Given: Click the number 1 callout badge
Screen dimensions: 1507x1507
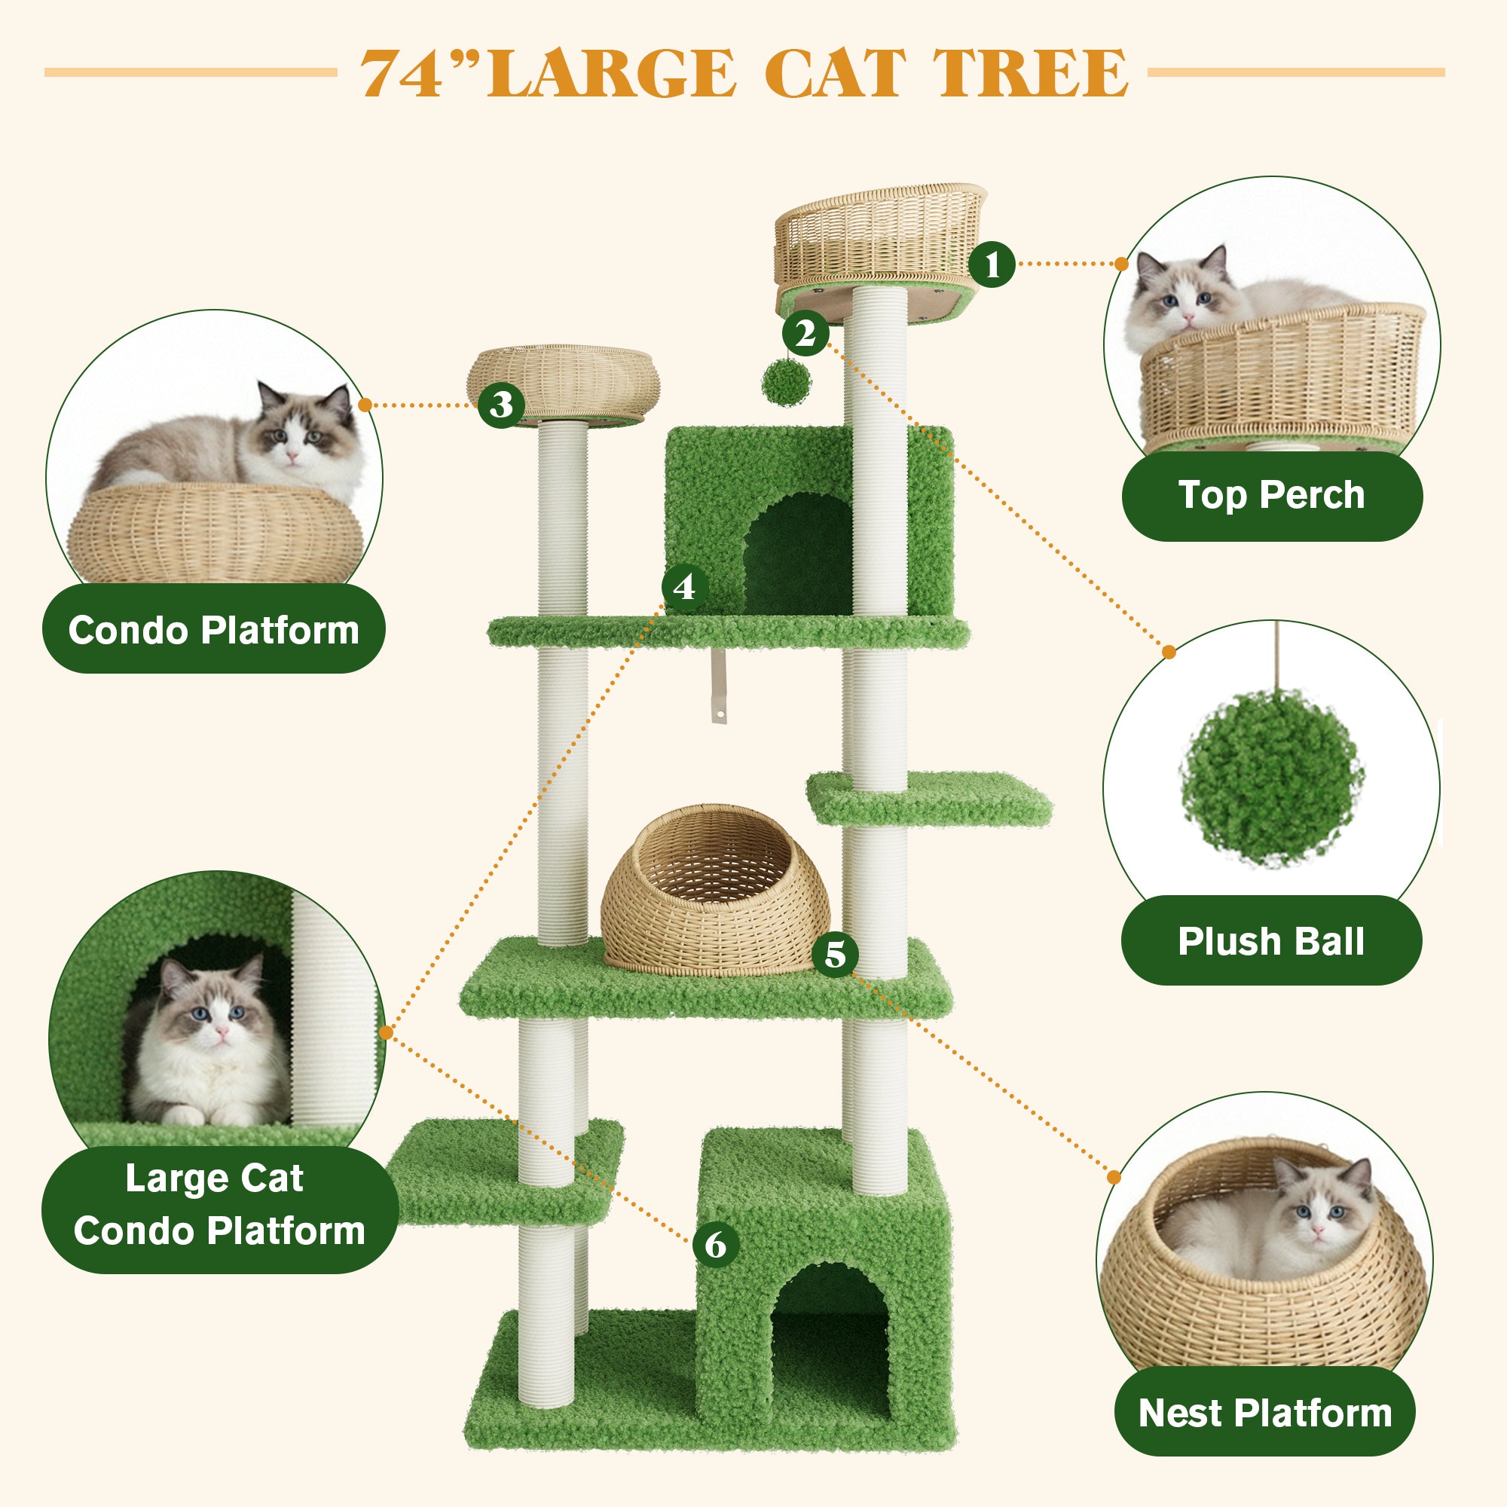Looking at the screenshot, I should pos(992,264).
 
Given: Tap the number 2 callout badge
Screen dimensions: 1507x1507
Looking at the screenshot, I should pos(805,333).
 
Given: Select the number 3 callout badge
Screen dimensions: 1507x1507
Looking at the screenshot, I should pos(501,404).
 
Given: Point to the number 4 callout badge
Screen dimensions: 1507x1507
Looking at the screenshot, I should pos(684,586).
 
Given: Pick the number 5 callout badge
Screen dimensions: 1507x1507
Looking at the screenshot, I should pos(836,953).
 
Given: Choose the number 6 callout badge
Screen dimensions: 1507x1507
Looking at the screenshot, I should pos(715,1243).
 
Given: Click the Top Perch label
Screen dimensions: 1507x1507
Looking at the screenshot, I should pos(1271,496).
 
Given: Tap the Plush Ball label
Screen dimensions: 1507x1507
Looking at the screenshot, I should pos(1270,940).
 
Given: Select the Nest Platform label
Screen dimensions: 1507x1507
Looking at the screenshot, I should pos(1264,1412).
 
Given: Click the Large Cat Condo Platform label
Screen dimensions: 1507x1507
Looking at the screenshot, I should pos(220,1205).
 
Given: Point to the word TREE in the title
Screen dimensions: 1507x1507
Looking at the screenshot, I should pos(1030,73).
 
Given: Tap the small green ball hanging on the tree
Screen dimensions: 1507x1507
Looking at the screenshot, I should pos(786,382).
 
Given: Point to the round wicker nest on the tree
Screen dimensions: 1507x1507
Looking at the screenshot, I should pos(714,889).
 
